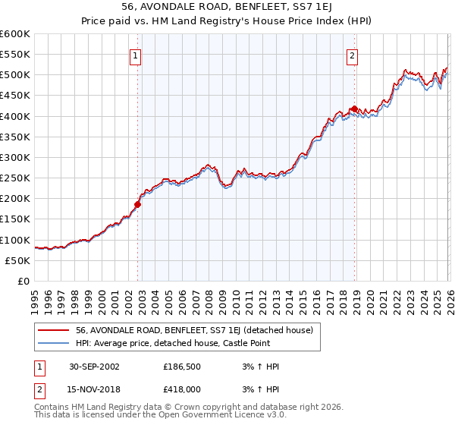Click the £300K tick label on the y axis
(15, 158)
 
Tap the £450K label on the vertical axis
(15, 96)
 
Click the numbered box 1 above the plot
(135, 55)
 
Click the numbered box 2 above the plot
(353, 55)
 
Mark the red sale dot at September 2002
(138, 204)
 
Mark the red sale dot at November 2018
(353, 109)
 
